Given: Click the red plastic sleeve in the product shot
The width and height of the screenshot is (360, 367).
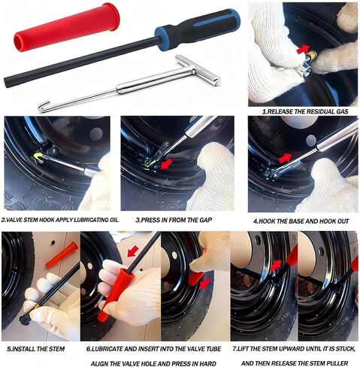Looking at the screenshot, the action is click(x=66, y=27).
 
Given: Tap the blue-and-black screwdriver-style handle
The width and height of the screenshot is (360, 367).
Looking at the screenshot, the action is click(x=198, y=29).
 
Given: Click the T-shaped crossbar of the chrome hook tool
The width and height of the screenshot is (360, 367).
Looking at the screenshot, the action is click(x=198, y=71).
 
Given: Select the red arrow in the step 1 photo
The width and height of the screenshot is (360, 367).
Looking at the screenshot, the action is click(x=303, y=49).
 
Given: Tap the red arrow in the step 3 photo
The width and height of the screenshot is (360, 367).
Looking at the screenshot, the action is click(x=167, y=163).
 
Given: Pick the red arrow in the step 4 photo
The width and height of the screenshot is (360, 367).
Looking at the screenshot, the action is click(x=285, y=159).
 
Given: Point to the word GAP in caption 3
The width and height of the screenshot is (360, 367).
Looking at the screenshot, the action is click(x=205, y=220).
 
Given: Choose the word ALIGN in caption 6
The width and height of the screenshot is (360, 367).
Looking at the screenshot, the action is click(x=99, y=363).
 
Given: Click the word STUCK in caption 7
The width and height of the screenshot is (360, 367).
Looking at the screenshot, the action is click(x=345, y=349).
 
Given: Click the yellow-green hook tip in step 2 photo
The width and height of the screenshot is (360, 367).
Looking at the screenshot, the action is click(x=38, y=156).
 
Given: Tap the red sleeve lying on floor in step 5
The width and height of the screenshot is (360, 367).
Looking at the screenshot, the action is click(x=62, y=255).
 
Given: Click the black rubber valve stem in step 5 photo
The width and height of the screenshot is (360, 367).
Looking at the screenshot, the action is click(x=25, y=320).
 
